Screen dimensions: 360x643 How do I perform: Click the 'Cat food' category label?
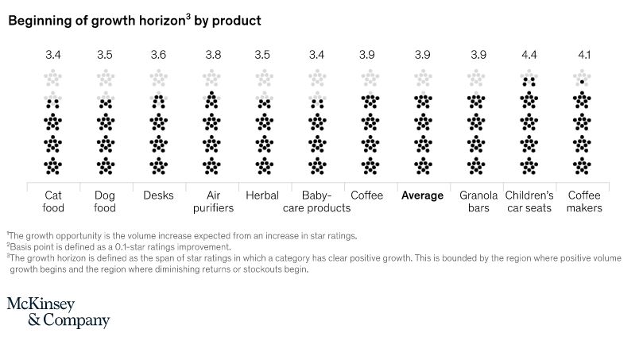53,202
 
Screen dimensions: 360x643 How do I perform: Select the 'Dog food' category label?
106,202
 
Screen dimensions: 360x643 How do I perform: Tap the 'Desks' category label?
159,195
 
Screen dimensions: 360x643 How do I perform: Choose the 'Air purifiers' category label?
211,202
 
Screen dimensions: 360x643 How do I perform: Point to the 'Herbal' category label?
262,195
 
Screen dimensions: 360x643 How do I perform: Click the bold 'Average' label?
423,195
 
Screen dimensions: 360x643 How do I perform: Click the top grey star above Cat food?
53,78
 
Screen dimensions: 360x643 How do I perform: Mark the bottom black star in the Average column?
423,165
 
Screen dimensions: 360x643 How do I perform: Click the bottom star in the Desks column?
159,165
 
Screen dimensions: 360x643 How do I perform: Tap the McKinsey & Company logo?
59,312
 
